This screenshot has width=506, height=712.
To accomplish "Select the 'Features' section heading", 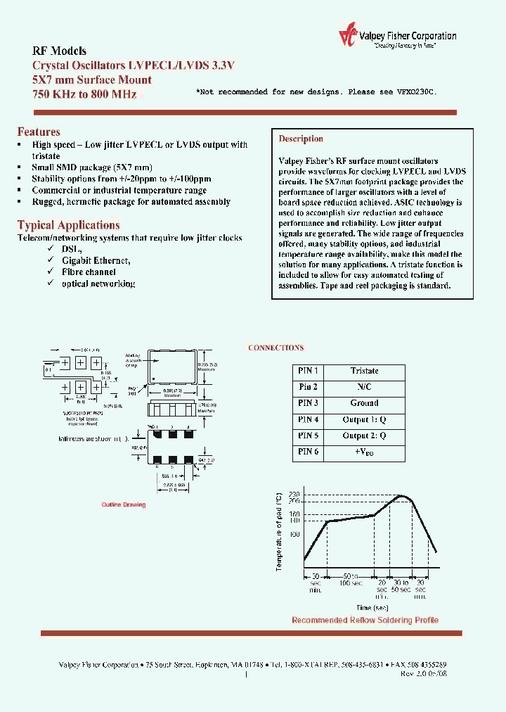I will tap(39, 132).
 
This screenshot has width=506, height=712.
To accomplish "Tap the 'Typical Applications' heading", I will tap(68, 225).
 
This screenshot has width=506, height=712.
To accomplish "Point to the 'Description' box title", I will tap(301, 139).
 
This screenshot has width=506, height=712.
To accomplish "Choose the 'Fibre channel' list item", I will tap(89, 272).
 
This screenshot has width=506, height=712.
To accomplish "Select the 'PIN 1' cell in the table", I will tap(308, 371).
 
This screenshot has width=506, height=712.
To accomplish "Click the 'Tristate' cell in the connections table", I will tap(364, 371).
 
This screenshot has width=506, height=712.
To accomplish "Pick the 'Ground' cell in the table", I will tap(364, 403).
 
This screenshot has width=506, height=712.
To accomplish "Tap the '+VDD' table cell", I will tap(364, 452).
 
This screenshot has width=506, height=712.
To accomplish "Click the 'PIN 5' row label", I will tap(308, 436).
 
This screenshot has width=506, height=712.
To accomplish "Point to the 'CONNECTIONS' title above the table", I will tap(276, 348).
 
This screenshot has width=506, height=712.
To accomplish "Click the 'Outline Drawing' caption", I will tap(124, 505).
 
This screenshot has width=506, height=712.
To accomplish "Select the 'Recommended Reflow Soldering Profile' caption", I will tap(365, 620).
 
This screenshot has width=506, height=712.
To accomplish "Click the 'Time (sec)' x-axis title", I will tap(372, 607).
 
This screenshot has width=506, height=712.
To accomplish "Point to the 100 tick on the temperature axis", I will tap(294, 535).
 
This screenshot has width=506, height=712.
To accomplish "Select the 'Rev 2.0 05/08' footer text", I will tap(423, 673).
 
